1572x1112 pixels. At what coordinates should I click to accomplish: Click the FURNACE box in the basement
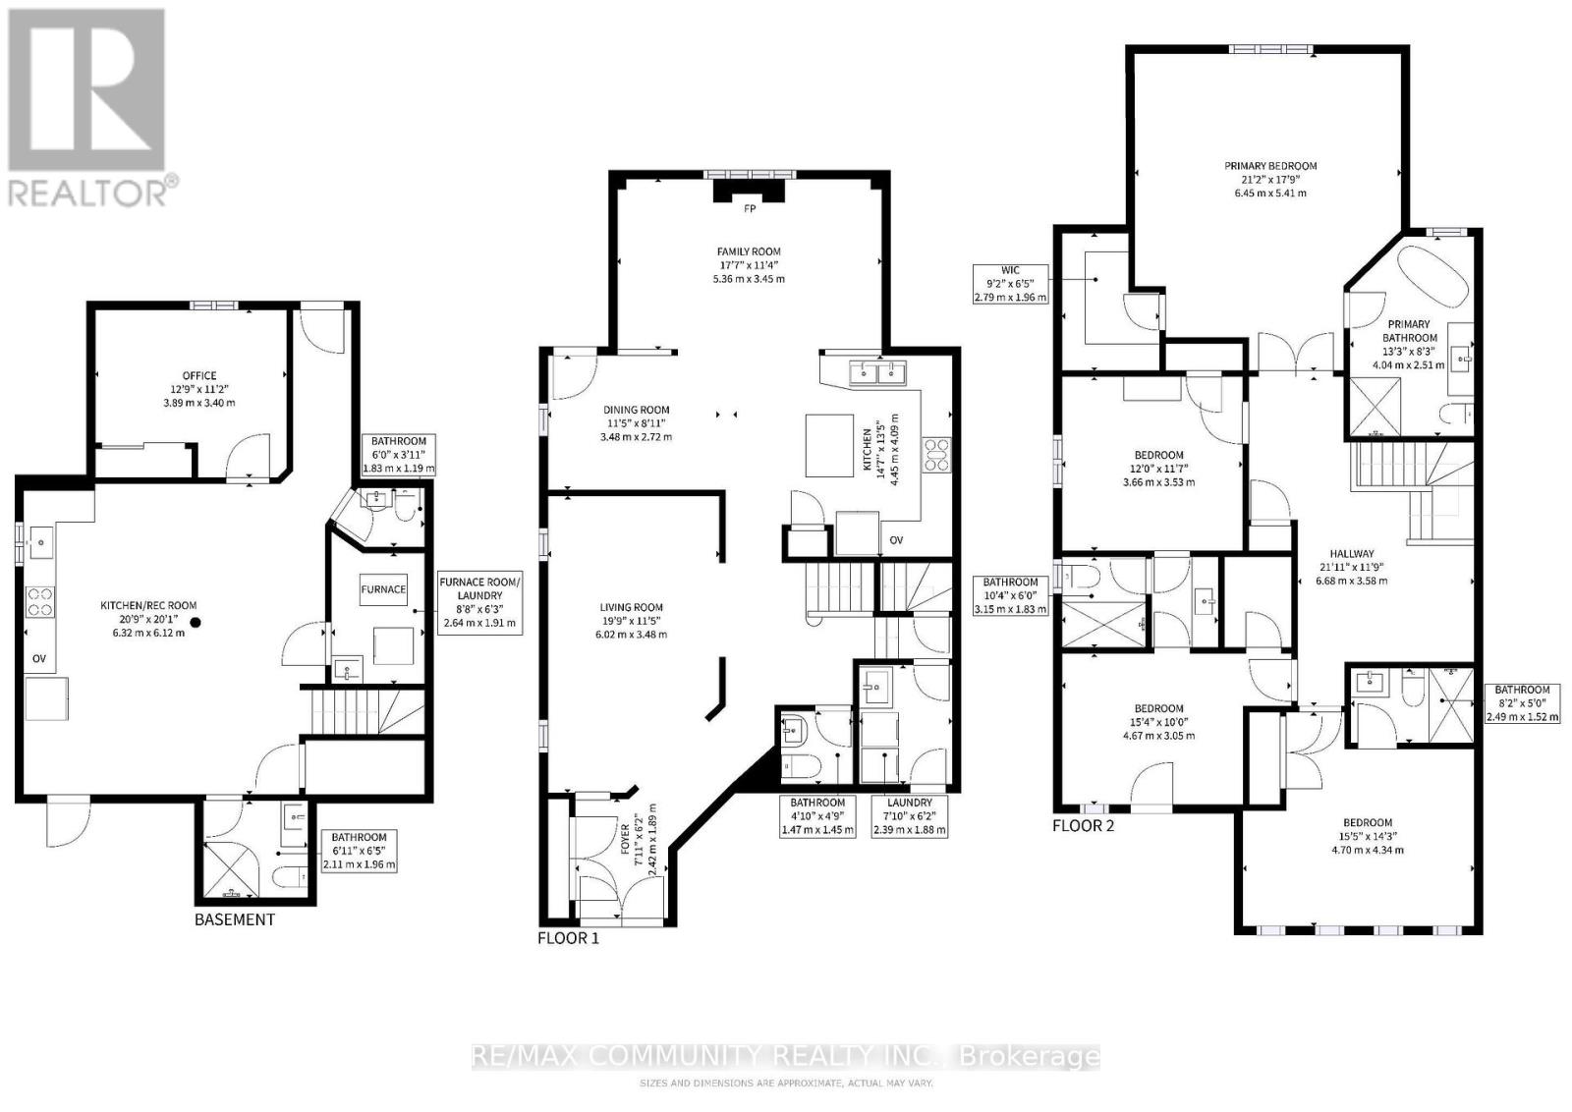point(383,589)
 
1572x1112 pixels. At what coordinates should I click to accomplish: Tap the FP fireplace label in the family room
point(750,209)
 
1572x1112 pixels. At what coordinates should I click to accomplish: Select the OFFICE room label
point(199,376)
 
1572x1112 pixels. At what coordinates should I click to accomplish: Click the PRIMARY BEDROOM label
point(1270,166)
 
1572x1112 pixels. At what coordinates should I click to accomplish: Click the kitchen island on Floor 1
point(829,446)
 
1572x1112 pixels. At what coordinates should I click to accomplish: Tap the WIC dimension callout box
point(1011,284)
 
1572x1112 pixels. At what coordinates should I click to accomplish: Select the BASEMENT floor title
point(235,919)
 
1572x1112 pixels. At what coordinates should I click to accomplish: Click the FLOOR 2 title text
point(1083,826)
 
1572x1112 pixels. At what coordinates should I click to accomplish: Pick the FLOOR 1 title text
point(569,938)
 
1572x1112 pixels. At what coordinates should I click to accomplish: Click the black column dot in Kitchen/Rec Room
point(196,622)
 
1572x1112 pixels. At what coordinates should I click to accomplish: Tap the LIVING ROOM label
point(631,607)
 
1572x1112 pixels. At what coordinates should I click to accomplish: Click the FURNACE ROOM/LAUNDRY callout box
point(480,602)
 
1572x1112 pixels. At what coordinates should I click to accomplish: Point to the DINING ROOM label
point(637,410)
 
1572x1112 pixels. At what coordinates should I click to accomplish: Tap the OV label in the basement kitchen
point(39,659)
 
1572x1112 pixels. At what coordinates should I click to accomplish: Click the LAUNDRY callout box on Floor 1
point(910,816)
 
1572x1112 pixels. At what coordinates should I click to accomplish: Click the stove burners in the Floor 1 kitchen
point(936,455)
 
